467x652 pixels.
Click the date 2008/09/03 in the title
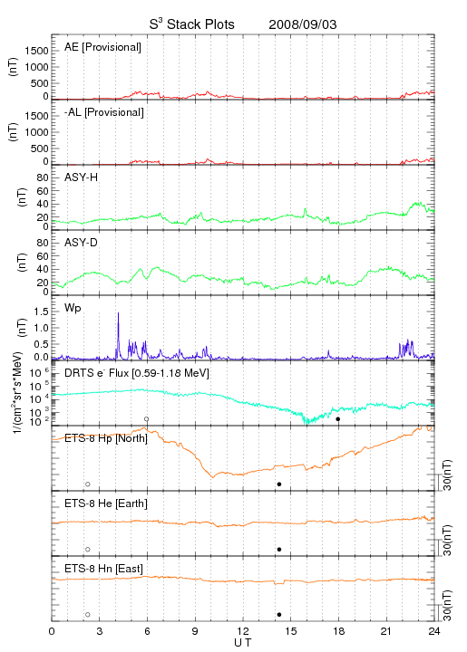303,24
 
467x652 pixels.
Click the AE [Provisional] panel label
102,47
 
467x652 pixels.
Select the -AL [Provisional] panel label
104,112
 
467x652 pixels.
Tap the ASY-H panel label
82,177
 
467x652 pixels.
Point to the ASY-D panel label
82,243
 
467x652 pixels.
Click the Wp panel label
73,309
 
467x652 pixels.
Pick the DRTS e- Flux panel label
137,373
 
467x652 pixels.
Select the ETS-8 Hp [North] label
106,438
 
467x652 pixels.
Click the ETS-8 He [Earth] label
106,503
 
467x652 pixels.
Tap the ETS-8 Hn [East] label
103,569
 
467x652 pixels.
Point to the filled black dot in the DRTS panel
338,419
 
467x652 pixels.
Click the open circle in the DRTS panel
147,419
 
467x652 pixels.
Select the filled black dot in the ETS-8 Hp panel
279,484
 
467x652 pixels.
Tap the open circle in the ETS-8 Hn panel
88,615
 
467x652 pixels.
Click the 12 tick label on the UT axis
243,631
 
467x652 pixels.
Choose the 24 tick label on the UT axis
434,631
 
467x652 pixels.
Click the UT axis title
243,643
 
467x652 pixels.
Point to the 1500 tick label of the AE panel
36,51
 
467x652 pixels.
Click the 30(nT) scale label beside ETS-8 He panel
447,540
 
